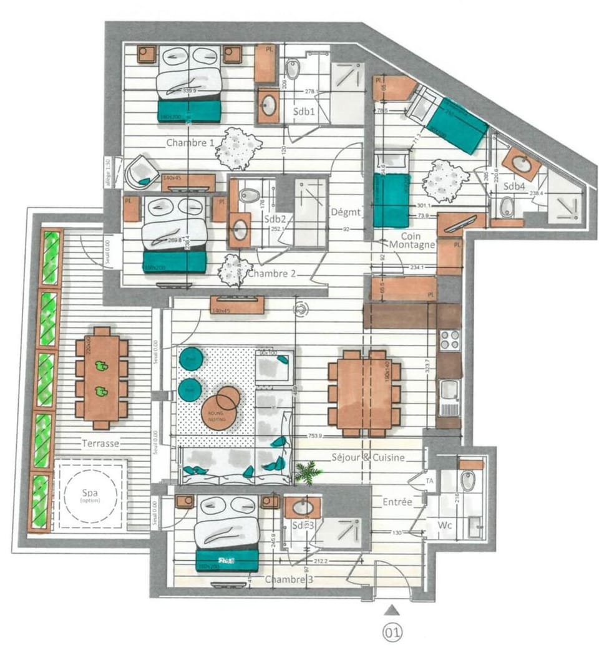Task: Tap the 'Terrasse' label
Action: click(x=100, y=443)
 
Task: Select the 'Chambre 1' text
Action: click(x=190, y=143)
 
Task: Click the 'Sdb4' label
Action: click(x=515, y=186)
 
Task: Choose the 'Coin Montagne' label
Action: click(x=412, y=239)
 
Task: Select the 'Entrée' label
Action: click(x=397, y=501)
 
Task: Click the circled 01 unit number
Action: click(x=392, y=633)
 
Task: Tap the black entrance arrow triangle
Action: click(x=392, y=609)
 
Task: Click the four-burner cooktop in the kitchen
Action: click(x=450, y=340)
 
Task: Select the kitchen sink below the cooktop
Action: click(x=449, y=397)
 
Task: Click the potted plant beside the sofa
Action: click(x=307, y=473)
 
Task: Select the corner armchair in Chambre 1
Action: click(x=142, y=173)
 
